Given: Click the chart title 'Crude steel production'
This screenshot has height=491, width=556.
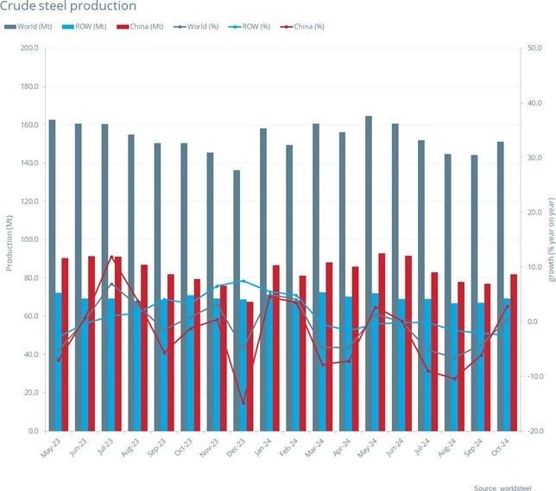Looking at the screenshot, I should click(x=69, y=7).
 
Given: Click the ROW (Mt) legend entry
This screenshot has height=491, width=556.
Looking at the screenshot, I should click(x=85, y=26).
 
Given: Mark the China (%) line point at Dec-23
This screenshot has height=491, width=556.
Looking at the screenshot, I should click(x=243, y=404).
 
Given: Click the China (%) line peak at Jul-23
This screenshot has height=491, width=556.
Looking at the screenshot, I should click(x=111, y=256).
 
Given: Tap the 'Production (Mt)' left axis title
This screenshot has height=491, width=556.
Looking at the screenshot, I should click(x=9, y=239).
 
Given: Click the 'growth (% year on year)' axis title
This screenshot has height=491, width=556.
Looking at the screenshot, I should click(x=549, y=239).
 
